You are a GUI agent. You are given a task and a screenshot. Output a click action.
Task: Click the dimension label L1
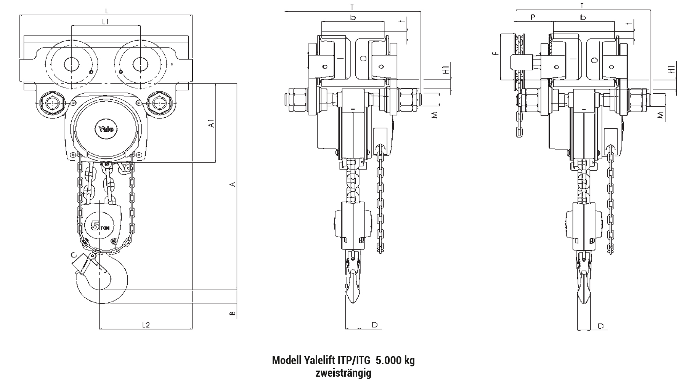coord(106,22)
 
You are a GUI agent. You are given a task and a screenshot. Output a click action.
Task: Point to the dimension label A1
coord(211,123)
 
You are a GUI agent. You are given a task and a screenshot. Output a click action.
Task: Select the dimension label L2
coord(146,324)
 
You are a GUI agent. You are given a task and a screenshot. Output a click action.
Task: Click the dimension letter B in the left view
coord(232,314)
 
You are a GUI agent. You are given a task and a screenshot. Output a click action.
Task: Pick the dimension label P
coord(533,17)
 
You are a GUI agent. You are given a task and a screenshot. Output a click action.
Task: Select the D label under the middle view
coord(374,324)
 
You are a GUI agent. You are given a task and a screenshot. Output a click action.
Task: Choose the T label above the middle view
coord(352,7)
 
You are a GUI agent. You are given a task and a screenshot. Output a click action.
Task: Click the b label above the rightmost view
coord(583,17)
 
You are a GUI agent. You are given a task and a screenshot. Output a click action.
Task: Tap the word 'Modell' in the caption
coord(287,360)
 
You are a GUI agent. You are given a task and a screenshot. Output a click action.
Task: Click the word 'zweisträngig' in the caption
coord(343,372)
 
